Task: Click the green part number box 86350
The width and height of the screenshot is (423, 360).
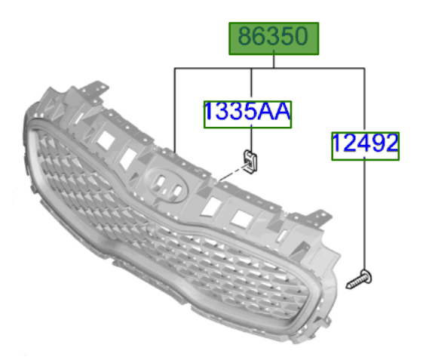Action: (x=274, y=38)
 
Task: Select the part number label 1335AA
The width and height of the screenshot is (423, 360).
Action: (x=247, y=114)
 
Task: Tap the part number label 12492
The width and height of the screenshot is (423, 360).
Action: (x=365, y=146)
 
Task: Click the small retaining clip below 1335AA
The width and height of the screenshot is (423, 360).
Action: (x=250, y=162)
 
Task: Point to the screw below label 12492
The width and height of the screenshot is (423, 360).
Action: (x=359, y=279)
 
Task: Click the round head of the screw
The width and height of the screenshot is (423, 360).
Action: (x=366, y=276)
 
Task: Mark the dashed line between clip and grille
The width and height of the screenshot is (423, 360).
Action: (x=232, y=174)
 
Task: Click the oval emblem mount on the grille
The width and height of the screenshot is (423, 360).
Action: (x=165, y=185)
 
